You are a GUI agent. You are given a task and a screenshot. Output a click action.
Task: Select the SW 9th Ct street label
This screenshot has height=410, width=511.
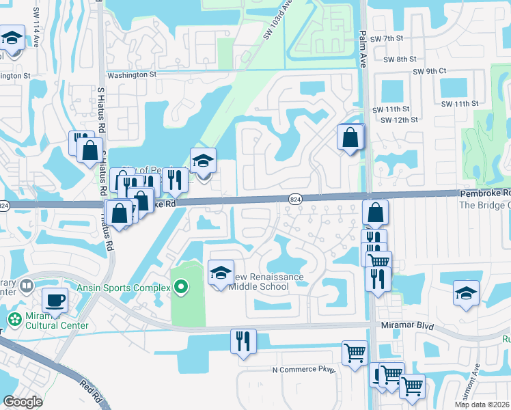(x=429, y=71)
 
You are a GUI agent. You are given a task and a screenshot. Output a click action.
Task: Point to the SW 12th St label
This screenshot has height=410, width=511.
(x=399, y=120)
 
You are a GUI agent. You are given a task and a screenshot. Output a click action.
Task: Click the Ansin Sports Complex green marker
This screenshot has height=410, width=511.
(x=180, y=288)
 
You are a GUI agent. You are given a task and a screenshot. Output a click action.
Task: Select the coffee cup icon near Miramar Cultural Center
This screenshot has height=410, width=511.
(x=55, y=300)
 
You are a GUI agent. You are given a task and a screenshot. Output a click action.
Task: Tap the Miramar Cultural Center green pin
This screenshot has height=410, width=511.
(x=14, y=318)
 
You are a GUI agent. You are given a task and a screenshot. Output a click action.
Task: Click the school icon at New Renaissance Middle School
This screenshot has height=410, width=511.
(x=221, y=273)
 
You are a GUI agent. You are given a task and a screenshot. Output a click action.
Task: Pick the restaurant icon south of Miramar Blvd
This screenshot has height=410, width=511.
(x=243, y=341)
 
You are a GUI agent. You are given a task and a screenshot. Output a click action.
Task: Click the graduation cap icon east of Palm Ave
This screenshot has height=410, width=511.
(x=466, y=295)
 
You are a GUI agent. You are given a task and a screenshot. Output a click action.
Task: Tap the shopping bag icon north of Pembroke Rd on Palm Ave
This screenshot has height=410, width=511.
(x=350, y=137)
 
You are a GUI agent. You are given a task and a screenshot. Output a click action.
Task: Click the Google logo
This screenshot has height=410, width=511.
(x=23, y=402)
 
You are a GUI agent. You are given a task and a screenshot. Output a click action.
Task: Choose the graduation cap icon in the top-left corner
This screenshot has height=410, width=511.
(x=12, y=38)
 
